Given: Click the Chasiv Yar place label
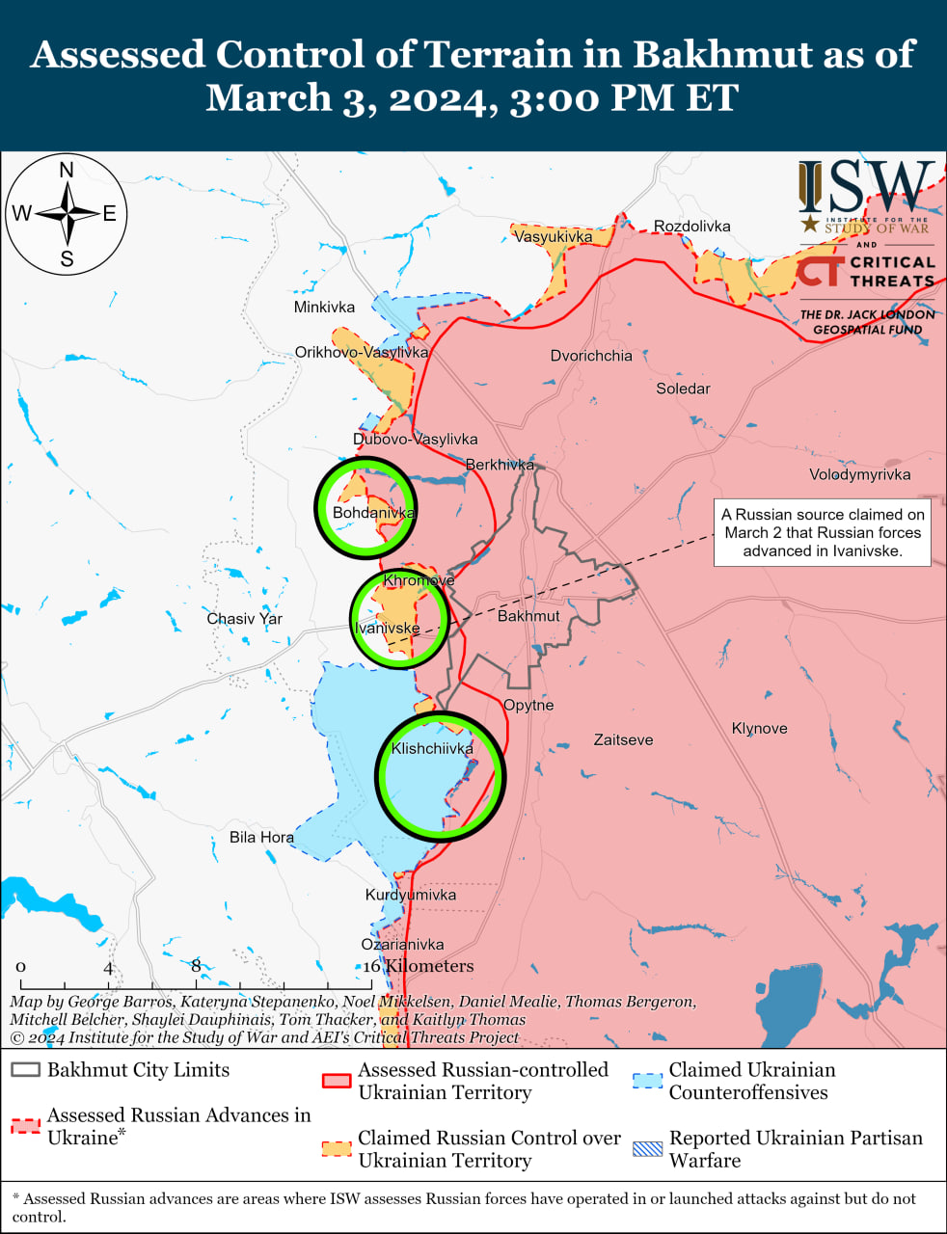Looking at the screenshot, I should click(x=244, y=619).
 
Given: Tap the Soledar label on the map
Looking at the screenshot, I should click(x=683, y=389).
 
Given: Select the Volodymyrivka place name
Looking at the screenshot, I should click(x=859, y=474).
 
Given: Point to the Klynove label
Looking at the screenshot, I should click(x=759, y=729).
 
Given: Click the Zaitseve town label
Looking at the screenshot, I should click(x=623, y=740).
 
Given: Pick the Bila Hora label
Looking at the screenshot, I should click(x=261, y=837).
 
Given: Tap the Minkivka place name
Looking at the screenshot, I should click(x=324, y=308).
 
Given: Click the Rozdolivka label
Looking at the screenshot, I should click(x=691, y=227).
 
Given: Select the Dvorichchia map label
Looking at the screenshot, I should click(x=591, y=356).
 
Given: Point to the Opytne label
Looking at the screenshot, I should click(x=528, y=706).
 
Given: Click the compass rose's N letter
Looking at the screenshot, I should click(x=67, y=171).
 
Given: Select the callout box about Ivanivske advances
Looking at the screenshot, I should click(x=823, y=533).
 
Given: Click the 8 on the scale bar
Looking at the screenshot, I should click(x=196, y=966).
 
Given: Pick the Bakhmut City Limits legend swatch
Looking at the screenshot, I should click(x=25, y=1070).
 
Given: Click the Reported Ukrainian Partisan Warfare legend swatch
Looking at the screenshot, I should click(x=647, y=1149).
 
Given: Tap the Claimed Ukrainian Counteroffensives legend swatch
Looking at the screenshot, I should click(x=647, y=1081).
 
